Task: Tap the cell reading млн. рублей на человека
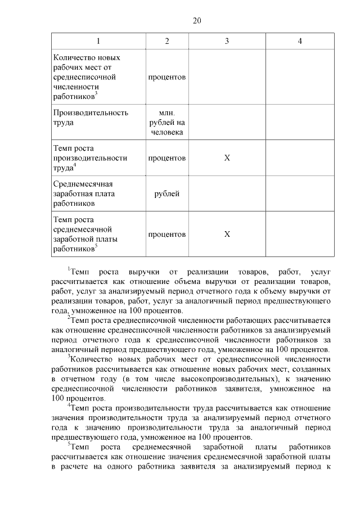coord(167,123)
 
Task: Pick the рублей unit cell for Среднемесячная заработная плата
coord(167,193)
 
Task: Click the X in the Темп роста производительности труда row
coord(227,158)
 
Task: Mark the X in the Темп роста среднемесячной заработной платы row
coord(227,234)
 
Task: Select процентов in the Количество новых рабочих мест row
coord(167,76)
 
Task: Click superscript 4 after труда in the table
coord(75,165)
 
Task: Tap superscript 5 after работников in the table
coord(96,246)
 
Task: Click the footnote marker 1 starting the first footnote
coord(69,269)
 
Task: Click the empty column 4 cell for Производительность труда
coord(300,123)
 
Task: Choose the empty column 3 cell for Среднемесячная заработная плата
coord(227,193)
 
